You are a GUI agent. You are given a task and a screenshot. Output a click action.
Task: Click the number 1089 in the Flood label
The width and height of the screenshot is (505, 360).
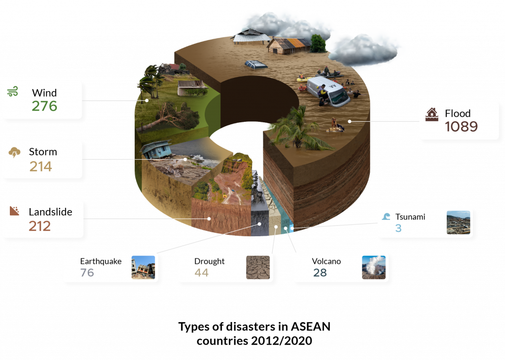pos(461,127)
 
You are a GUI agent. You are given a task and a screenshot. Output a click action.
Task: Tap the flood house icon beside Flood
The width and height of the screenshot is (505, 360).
pos(432,114)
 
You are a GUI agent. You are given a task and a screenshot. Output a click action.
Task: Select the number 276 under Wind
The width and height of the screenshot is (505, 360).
pos(44,106)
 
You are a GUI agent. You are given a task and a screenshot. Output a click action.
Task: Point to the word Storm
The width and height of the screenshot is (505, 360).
pos(43,152)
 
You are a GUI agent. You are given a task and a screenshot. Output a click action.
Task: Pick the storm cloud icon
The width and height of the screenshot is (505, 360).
pos(14,152)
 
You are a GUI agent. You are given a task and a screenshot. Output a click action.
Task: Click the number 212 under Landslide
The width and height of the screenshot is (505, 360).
pos(40,226)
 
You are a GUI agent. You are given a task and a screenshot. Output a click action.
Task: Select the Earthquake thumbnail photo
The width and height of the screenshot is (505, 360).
pos(143,267)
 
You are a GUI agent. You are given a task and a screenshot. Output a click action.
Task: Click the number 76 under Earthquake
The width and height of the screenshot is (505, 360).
pos(87,273)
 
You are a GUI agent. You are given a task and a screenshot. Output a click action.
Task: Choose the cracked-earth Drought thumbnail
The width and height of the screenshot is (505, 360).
pos(258,268)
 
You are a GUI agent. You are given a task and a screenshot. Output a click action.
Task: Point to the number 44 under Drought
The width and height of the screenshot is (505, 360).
pos(201,273)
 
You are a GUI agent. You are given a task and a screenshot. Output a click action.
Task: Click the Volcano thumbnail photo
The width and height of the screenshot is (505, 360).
pos(373,268)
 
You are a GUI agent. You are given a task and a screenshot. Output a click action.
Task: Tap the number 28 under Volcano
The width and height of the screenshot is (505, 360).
pos(320,273)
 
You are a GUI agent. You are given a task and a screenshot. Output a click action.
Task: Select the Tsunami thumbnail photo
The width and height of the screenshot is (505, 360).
pos(459,222)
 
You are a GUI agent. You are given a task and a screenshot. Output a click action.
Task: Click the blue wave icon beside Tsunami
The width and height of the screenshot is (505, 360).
pos(386,217)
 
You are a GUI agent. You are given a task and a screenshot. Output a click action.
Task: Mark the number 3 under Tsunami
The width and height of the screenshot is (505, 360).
pos(398,228)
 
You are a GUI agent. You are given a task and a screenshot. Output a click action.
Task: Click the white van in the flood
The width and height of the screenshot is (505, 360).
pos(328,91)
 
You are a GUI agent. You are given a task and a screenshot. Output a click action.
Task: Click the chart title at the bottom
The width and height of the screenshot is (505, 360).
pos(254,333)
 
